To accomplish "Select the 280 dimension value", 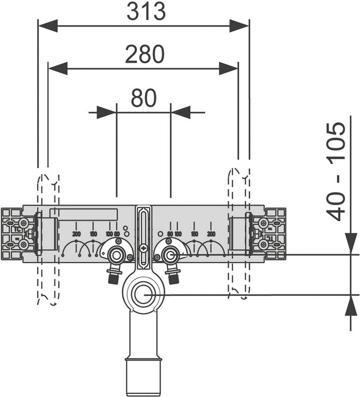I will [145, 54].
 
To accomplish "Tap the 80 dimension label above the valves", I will [144, 98].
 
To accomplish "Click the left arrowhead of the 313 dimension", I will [48, 25].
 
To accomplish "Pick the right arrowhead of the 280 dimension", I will [229, 69].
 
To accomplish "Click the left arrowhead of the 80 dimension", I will [107, 113].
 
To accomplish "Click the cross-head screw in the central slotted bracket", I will [144, 249].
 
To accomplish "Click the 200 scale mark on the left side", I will [76, 234].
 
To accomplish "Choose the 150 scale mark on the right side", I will [194, 234].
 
